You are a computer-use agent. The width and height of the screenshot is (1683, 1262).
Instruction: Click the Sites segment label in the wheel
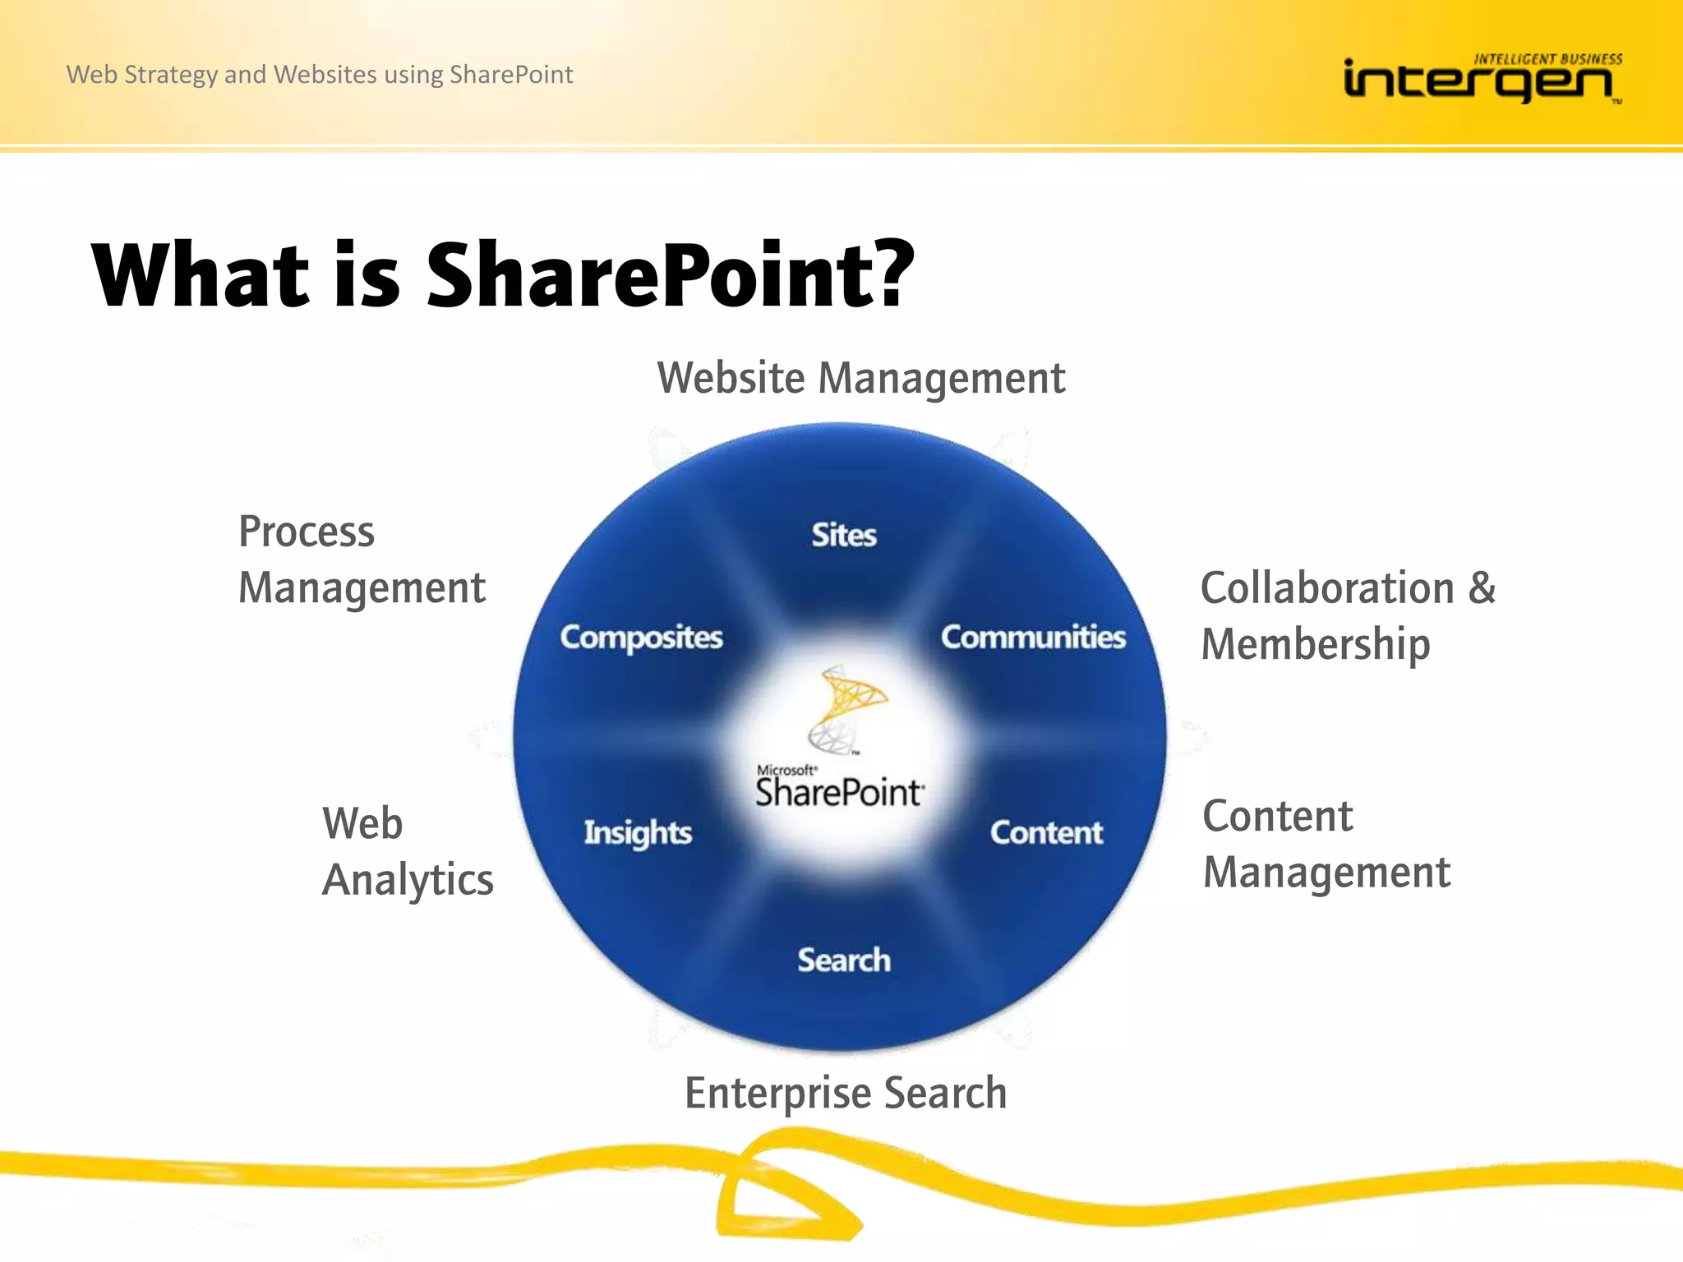point(843,535)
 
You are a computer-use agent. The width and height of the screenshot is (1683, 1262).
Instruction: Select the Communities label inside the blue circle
point(1033,637)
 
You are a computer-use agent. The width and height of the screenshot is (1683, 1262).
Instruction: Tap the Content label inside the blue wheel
point(1045,832)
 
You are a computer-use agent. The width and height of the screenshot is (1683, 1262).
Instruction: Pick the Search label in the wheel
point(843,960)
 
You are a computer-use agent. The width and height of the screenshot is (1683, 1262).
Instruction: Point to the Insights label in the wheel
point(638,832)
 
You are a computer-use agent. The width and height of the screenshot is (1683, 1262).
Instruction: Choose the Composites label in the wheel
point(641,637)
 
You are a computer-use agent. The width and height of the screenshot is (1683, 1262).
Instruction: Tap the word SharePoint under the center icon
point(838,793)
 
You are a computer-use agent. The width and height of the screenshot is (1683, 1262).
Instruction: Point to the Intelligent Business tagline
point(1547,59)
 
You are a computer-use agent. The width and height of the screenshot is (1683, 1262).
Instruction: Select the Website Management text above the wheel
point(860,379)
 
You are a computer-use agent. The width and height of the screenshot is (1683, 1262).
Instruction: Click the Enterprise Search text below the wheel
point(846,1093)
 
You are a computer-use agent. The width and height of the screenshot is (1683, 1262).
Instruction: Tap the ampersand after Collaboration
point(1482,588)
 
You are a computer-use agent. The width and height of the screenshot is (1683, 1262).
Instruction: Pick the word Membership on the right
point(1315,644)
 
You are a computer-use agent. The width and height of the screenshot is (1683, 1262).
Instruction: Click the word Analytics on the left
point(408,880)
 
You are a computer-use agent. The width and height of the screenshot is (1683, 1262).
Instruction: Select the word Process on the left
point(306,532)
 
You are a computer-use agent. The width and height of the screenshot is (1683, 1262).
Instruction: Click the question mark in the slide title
point(889,273)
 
